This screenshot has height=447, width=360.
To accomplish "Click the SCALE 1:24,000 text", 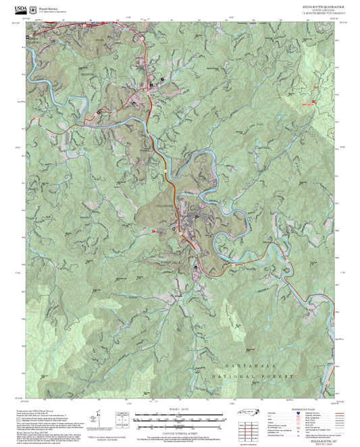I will pyautogui.click(x=180, y=409).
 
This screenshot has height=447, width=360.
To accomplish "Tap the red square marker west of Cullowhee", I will pyautogui.click(x=154, y=231).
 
